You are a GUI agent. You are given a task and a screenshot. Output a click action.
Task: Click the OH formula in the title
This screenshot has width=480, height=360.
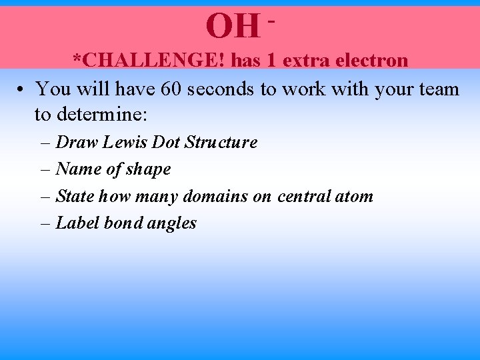point(231,26)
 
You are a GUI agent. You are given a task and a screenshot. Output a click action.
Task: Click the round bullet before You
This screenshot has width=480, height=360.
point(22,89)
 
